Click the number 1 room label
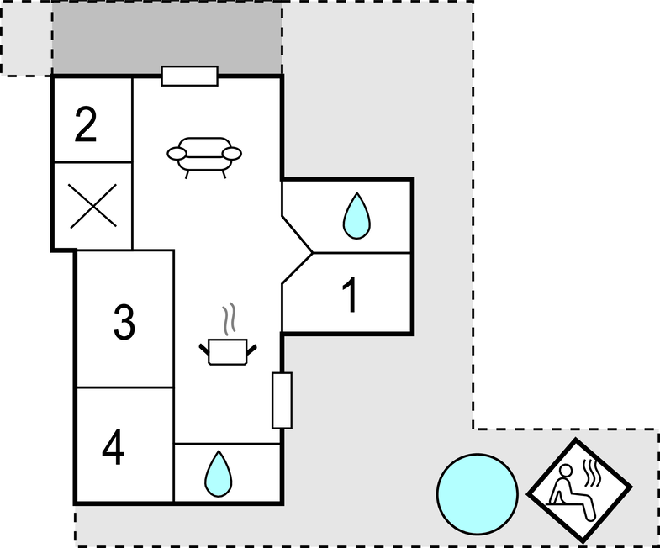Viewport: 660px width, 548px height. point(351,295)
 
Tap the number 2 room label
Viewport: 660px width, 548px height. point(86,124)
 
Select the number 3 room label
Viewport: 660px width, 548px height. point(124,322)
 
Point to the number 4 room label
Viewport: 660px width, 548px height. point(114,447)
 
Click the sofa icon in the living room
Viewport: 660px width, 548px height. point(204,157)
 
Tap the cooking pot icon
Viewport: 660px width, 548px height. point(228,352)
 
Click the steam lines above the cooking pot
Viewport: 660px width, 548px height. point(229,319)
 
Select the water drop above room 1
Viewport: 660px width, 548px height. point(356,216)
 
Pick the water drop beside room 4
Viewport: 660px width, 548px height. point(218,474)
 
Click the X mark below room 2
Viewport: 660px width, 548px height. point(93,206)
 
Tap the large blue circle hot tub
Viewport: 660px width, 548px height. point(478,494)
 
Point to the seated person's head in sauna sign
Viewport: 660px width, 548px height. point(566,471)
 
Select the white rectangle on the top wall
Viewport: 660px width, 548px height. point(190,76)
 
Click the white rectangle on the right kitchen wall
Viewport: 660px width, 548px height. point(282,400)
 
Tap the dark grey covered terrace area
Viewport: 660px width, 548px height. point(167,38)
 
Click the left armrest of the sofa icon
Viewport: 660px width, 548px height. point(177,154)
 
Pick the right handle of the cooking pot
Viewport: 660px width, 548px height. point(251,350)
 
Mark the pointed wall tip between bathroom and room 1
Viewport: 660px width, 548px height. point(313,253)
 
